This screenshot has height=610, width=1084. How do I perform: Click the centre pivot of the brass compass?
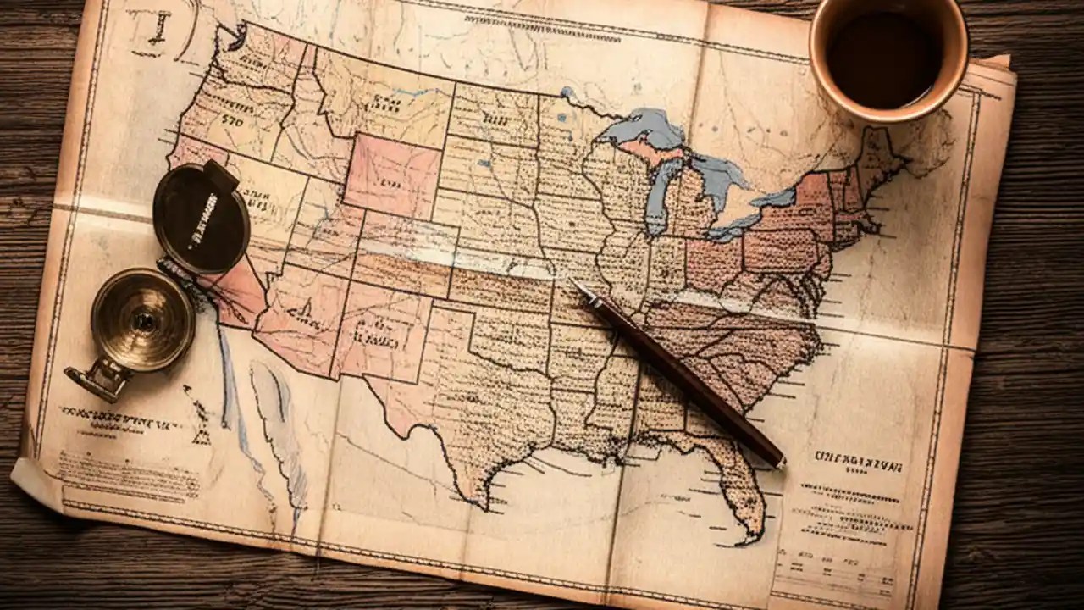tap(144, 321)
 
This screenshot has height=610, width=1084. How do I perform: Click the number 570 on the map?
tap(232, 120)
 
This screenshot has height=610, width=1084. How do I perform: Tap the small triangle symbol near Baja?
tap(202, 437)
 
